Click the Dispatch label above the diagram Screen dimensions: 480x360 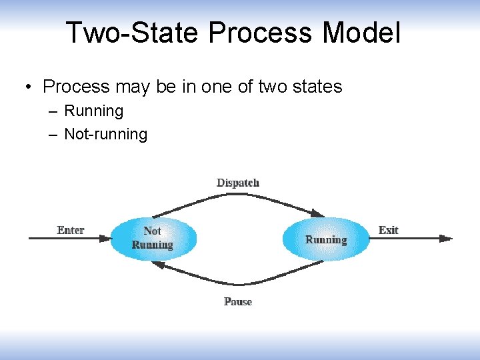tap(238, 183)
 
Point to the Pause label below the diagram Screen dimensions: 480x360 tap(238, 302)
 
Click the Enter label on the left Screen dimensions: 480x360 tap(71, 231)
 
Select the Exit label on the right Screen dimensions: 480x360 tap(388, 231)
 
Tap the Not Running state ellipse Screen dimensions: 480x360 tap(153, 239)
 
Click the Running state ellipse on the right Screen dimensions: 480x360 tap(326, 239)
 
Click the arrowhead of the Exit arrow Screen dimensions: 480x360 tap(447, 239)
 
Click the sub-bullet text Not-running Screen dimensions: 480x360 tap(105, 134)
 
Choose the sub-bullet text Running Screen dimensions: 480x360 tap(94, 111)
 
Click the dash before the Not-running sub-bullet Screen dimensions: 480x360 tap(53, 134)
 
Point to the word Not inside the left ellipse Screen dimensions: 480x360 tap(153, 231)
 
